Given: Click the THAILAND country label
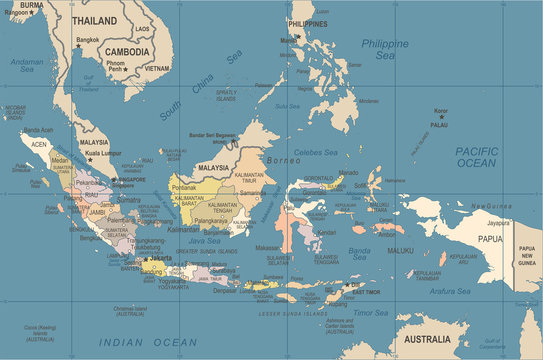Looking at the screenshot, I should (93, 20).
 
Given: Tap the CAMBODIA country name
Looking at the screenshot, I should (127, 51).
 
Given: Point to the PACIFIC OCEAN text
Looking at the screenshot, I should (476, 156).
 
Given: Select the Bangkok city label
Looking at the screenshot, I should (88, 41).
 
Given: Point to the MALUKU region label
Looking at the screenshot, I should (400, 250).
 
